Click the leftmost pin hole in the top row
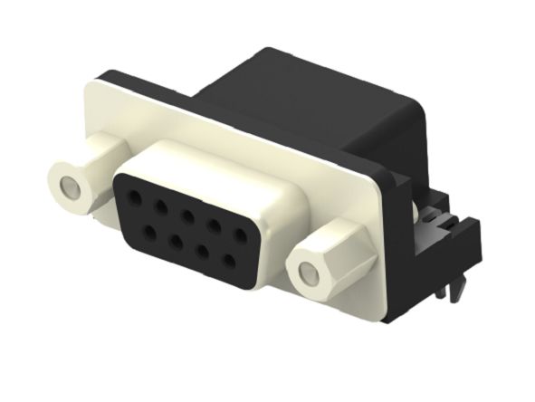(138, 194)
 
